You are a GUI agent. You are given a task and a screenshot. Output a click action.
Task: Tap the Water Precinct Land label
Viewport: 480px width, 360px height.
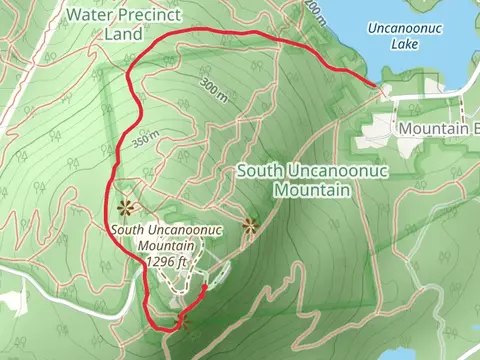tap(118, 24)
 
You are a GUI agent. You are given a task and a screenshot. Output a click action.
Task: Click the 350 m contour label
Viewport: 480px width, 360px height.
tap(145, 140)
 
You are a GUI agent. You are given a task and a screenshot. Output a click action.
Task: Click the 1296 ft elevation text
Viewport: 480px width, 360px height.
tap(167, 261)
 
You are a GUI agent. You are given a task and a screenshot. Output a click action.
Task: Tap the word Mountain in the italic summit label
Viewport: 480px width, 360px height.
tap(165, 246)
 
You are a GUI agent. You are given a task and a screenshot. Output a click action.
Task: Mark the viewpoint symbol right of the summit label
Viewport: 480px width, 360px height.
tap(250, 225)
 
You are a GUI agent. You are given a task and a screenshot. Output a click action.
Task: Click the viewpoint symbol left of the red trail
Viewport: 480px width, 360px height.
tap(126, 207)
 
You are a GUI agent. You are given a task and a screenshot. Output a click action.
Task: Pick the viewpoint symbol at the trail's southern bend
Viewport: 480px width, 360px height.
tap(182, 321)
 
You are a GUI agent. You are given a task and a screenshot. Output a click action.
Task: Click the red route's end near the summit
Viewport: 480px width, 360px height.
tap(205, 286)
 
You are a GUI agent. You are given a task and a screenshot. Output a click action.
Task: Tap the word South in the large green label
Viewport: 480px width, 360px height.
tap(259, 171)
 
